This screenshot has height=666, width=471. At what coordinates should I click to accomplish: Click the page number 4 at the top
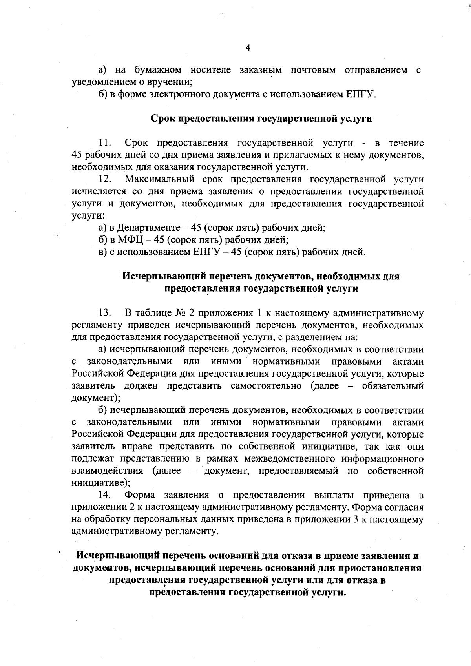(248, 48)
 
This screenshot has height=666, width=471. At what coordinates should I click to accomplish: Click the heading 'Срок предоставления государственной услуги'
(261, 119)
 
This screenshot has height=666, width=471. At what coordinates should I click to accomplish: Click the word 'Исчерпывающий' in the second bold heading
(164, 276)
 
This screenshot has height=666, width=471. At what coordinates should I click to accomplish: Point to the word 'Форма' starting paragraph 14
(139, 495)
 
